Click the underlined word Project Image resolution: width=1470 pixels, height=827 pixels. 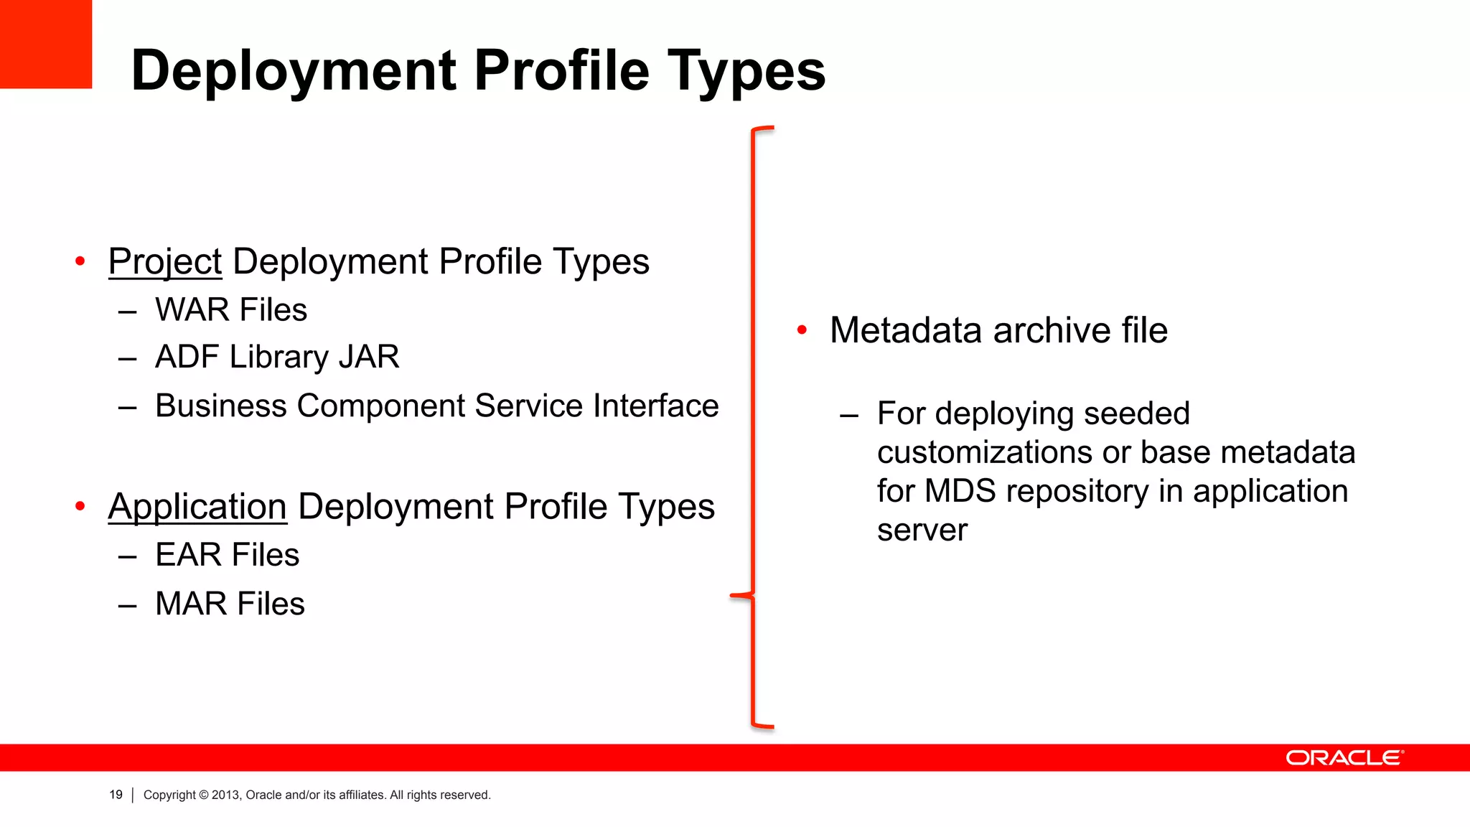click(x=164, y=262)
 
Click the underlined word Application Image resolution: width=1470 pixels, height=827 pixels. click(x=197, y=507)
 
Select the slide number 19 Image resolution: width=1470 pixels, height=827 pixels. click(x=116, y=795)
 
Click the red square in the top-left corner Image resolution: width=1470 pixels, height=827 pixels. click(x=45, y=43)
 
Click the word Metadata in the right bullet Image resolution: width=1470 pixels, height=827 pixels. click(x=905, y=331)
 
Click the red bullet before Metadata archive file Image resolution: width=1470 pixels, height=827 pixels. click(x=802, y=330)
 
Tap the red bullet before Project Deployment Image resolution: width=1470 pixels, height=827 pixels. click(x=80, y=261)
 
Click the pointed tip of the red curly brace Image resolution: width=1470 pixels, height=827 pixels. click(x=732, y=595)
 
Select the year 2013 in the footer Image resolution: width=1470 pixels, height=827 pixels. click(x=225, y=795)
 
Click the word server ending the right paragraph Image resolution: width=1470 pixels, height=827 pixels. click(x=922, y=531)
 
